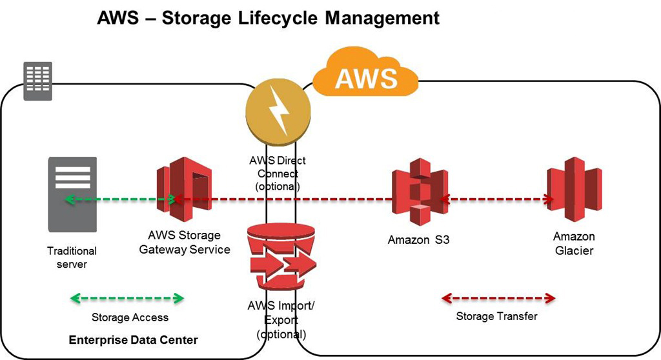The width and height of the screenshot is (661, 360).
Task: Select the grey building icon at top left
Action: tap(37, 81)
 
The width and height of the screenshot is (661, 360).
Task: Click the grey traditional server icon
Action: tap(72, 194)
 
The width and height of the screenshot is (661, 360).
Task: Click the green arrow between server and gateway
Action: tap(119, 200)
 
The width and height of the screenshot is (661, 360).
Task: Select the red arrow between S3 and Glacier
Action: tap(497, 199)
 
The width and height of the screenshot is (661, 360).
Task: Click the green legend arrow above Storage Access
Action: tap(127, 299)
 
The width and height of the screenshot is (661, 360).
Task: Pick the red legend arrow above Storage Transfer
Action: tap(497, 298)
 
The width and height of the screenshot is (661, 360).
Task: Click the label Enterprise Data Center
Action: tap(133, 340)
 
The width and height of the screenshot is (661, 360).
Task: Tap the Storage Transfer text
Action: tap(496, 316)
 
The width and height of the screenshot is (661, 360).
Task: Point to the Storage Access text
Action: tap(130, 317)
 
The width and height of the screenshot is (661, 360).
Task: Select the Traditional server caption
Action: tap(72, 257)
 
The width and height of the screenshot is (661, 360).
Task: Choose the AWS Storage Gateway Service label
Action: tap(185, 243)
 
